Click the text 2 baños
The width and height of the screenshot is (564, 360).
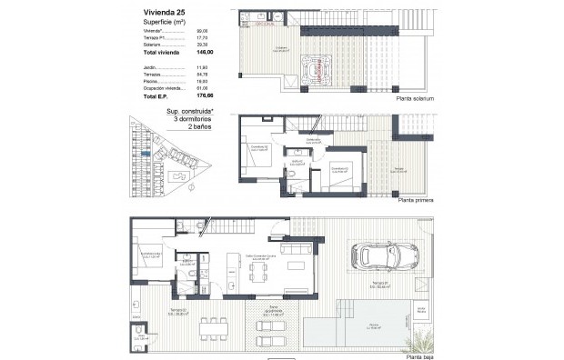193,128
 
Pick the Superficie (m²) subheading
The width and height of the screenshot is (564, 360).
165,21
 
